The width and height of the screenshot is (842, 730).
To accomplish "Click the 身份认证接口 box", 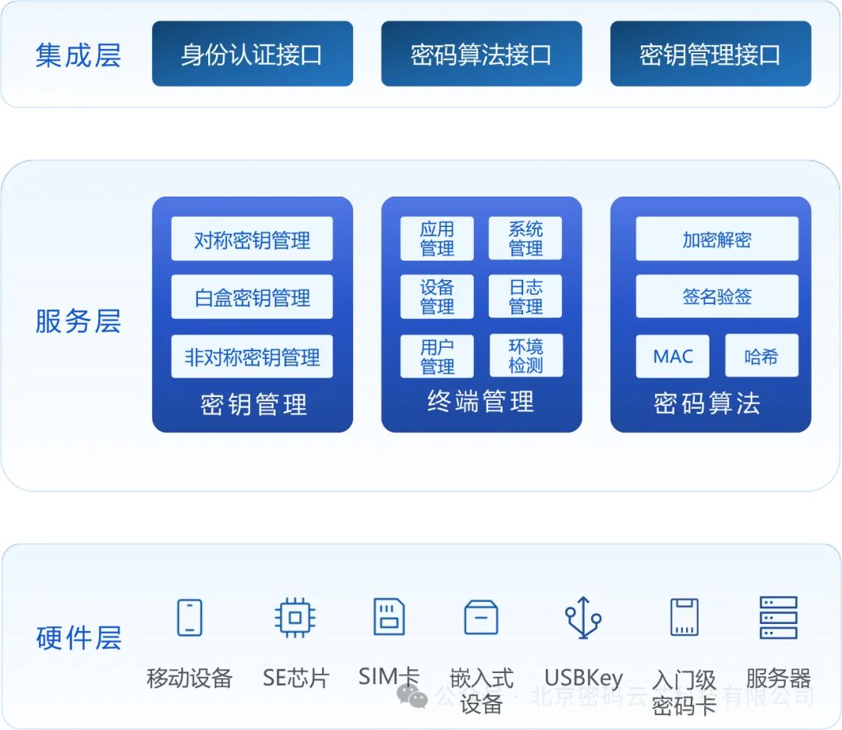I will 252,54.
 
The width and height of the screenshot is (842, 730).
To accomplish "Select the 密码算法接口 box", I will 481,54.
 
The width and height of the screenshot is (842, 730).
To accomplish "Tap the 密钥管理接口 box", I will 710,54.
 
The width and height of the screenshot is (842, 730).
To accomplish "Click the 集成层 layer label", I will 78,55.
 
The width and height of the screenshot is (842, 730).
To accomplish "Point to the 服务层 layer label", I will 78,321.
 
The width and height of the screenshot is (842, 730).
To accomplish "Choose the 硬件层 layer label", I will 78,637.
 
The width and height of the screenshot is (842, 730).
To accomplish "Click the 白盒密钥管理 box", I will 252,297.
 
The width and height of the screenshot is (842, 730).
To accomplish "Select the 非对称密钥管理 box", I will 252,357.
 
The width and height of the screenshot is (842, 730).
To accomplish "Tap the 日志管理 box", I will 525,297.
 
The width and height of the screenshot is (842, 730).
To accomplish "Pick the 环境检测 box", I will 525,356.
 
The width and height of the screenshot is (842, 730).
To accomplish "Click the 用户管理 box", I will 437,356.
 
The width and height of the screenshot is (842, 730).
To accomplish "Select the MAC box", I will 672,356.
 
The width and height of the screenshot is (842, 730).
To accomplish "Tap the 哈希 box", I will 761,356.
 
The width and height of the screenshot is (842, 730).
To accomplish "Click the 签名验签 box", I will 716,296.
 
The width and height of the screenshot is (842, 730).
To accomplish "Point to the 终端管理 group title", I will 481,402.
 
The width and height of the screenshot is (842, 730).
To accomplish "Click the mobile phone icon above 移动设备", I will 189,617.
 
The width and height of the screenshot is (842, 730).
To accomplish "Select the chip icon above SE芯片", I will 295,618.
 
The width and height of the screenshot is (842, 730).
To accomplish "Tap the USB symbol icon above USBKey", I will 583,618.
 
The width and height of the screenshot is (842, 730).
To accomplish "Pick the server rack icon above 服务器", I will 778,618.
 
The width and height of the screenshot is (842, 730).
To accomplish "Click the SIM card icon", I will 389,617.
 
